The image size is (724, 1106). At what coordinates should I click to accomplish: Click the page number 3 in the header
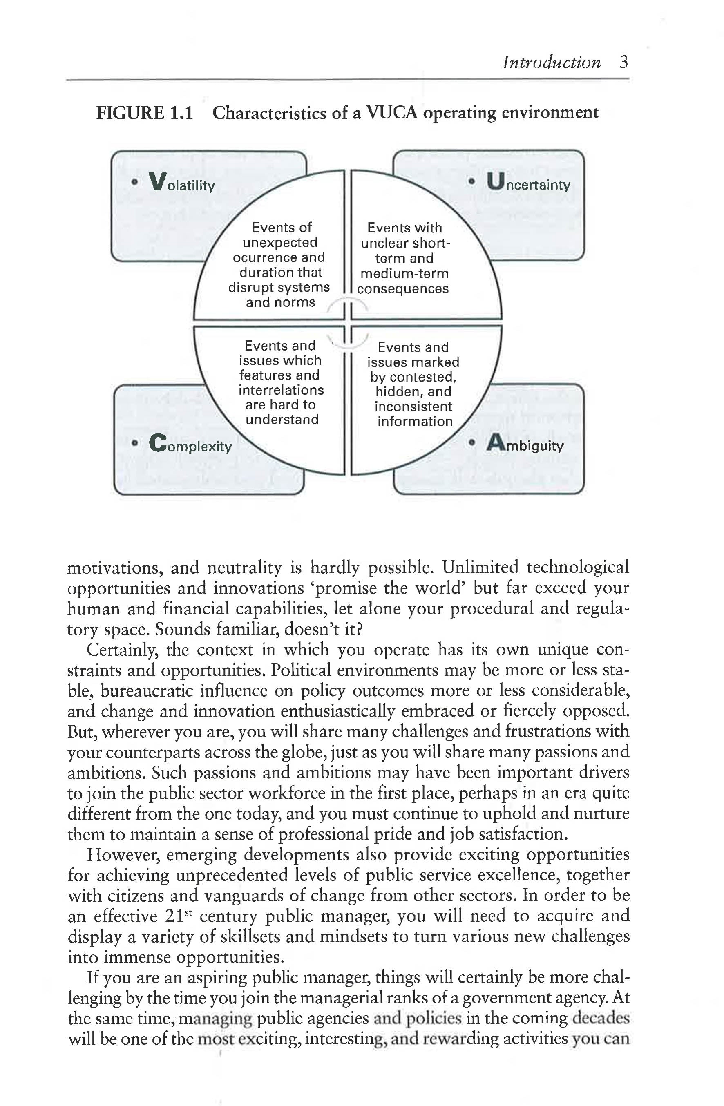(x=623, y=62)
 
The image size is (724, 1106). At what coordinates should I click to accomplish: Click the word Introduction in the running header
(x=551, y=62)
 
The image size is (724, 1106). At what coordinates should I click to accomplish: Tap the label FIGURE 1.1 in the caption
(x=145, y=113)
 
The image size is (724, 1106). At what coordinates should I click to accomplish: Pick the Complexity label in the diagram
(x=190, y=444)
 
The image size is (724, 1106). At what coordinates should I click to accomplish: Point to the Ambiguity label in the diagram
(x=525, y=444)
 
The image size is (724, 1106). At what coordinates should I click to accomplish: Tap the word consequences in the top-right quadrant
(x=403, y=288)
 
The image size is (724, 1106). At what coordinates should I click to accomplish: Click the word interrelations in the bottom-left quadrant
(x=281, y=390)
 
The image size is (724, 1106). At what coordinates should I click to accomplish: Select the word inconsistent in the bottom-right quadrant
(x=413, y=407)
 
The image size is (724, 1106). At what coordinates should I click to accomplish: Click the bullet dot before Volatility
(x=134, y=183)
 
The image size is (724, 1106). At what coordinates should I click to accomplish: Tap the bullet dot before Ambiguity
(x=472, y=443)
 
